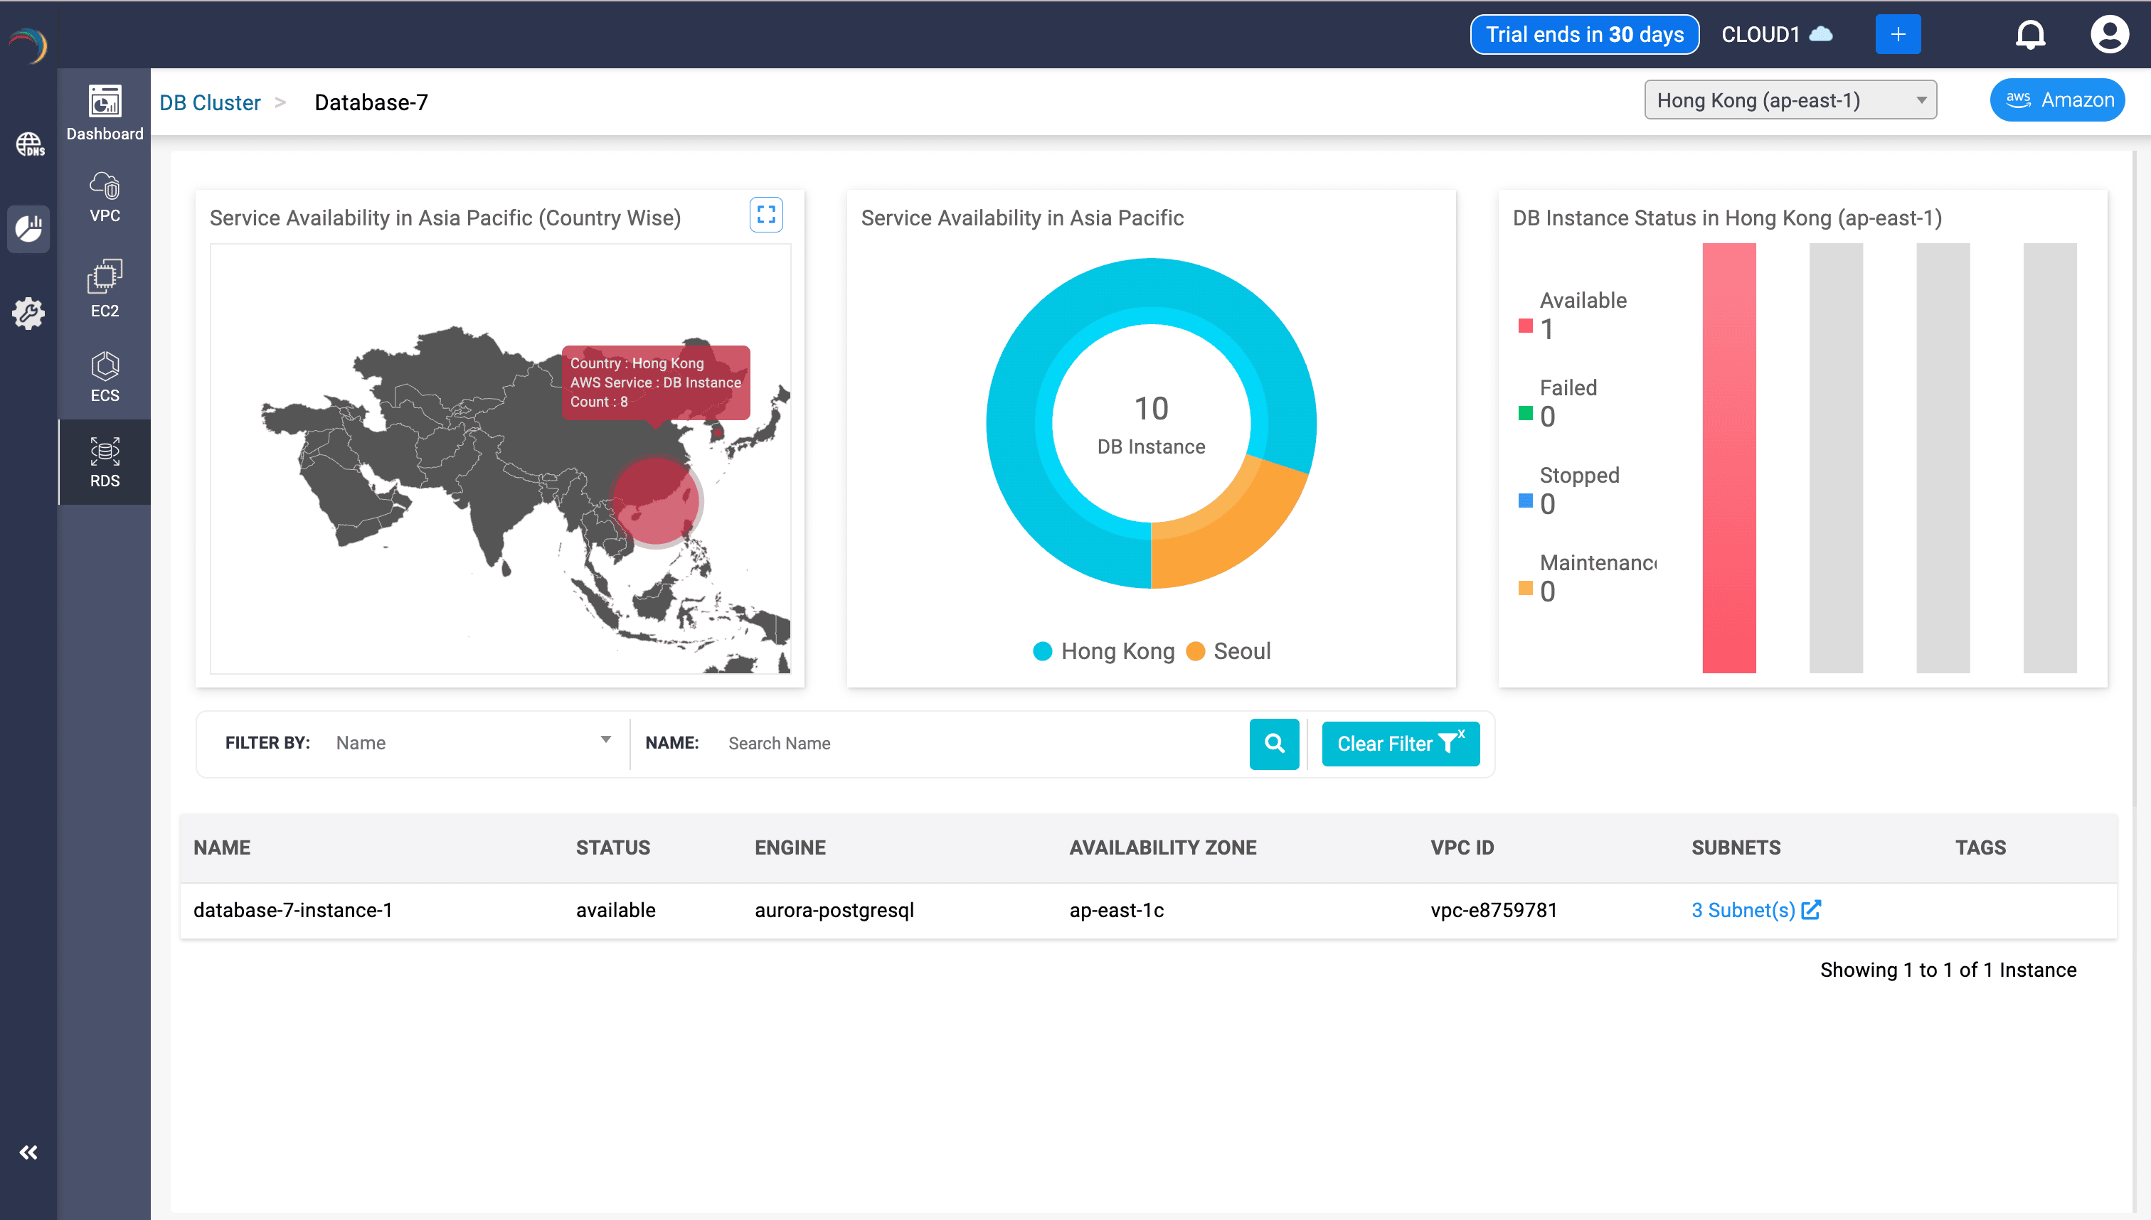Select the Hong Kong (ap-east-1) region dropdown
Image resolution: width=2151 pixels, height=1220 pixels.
point(1790,100)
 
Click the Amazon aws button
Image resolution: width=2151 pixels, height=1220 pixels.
point(2057,100)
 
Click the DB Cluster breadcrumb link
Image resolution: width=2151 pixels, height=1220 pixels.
point(210,102)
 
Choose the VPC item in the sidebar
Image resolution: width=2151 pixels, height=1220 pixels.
point(105,197)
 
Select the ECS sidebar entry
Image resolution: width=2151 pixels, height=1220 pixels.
point(105,377)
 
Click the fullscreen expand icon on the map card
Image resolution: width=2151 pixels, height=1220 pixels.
point(765,215)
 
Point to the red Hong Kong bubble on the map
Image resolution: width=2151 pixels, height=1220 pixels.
point(656,501)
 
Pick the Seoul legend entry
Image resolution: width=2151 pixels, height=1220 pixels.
point(1229,651)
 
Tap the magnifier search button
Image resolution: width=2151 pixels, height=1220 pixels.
point(1273,743)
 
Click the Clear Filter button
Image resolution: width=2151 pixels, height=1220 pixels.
point(1400,743)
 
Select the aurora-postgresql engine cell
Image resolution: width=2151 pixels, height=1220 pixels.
point(834,910)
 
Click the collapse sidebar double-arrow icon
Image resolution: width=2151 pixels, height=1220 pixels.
point(28,1153)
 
